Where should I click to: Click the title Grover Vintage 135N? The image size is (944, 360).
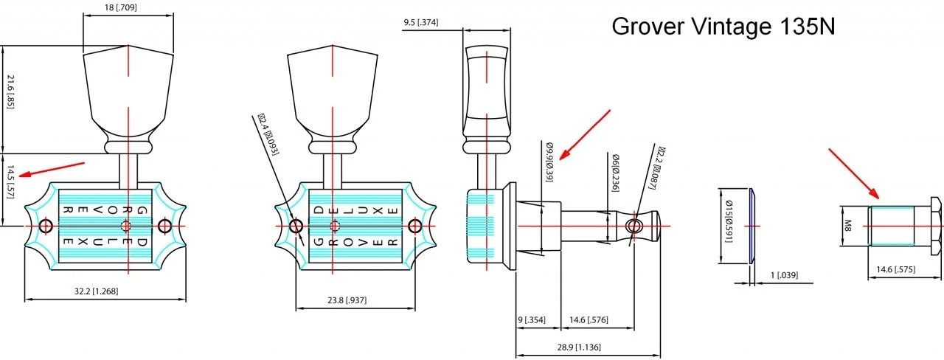(723, 27)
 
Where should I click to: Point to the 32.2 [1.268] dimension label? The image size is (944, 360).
(97, 291)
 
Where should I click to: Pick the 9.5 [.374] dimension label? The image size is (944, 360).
(420, 23)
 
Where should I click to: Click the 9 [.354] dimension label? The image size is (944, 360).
(531, 319)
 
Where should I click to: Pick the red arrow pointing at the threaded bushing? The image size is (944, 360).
(853, 173)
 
